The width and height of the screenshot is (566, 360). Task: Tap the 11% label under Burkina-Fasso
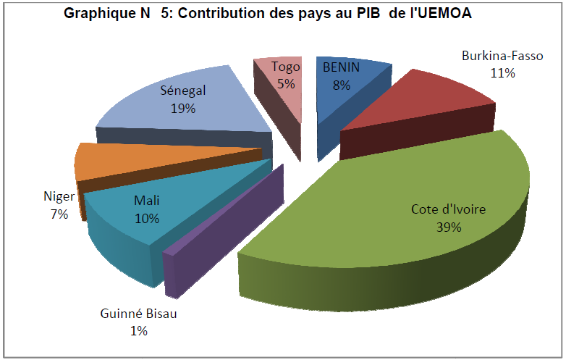[502, 72]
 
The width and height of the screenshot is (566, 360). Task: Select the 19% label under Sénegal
[183, 109]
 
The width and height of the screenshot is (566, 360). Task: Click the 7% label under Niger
[59, 214]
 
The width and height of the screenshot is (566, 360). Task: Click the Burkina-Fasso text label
[502, 56]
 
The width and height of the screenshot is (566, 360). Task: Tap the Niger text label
[59, 197]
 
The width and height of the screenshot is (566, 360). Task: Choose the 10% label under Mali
[148, 217]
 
